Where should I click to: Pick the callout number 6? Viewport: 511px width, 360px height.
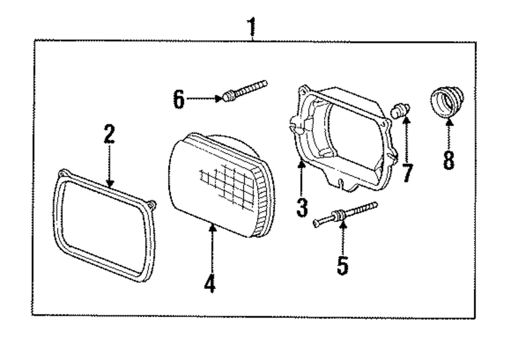(x=178, y=99)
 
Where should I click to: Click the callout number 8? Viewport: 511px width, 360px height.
(x=448, y=160)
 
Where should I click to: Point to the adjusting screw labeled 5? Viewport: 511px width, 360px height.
(x=345, y=214)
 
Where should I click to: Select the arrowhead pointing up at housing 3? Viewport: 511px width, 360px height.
(x=301, y=164)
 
